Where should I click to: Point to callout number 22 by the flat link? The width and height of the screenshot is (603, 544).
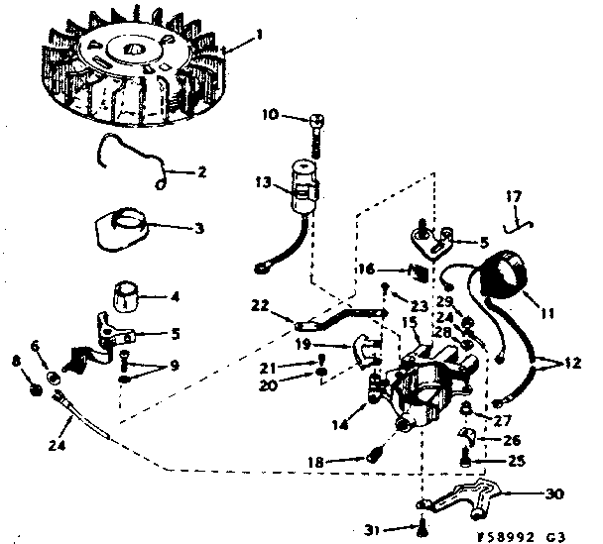(x=261, y=305)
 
